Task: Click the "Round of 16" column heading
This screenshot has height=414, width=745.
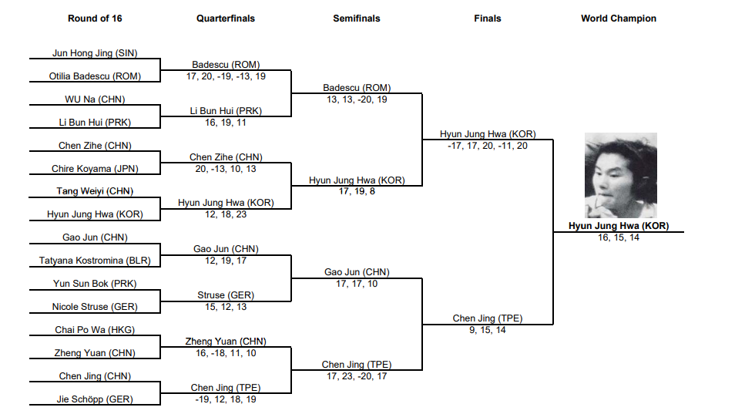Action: tap(95, 19)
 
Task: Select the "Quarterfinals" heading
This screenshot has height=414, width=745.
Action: tap(226, 19)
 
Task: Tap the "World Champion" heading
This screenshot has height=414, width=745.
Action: tap(619, 19)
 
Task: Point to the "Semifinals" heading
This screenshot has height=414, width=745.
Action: tap(357, 19)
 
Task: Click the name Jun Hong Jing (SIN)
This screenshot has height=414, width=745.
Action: tap(95, 53)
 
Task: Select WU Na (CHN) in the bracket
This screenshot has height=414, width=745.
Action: tap(95, 99)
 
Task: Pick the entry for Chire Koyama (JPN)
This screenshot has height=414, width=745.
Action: tap(95, 169)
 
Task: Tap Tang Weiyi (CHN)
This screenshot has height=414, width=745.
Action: tap(95, 191)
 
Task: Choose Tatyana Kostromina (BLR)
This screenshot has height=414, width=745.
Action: tap(95, 261)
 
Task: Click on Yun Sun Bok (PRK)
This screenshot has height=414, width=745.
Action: tap(95, 284)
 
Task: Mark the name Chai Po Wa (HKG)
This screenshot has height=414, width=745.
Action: tap(95, 330)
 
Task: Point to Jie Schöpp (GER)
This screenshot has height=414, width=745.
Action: tap(95, 399)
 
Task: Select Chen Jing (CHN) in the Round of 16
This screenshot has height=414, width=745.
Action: tap(95, 376)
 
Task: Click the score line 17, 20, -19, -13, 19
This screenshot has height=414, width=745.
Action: tap(226, 76)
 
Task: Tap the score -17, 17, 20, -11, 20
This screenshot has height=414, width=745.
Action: tap(488, 146)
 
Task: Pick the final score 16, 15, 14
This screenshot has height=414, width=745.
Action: tap(619, 237)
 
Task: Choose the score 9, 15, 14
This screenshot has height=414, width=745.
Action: tap(488, 330)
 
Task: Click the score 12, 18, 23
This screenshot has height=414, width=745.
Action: tap(226, 214)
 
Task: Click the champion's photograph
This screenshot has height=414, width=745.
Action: tap(620, 176)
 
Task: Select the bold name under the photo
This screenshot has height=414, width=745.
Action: tap(619, 226)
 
